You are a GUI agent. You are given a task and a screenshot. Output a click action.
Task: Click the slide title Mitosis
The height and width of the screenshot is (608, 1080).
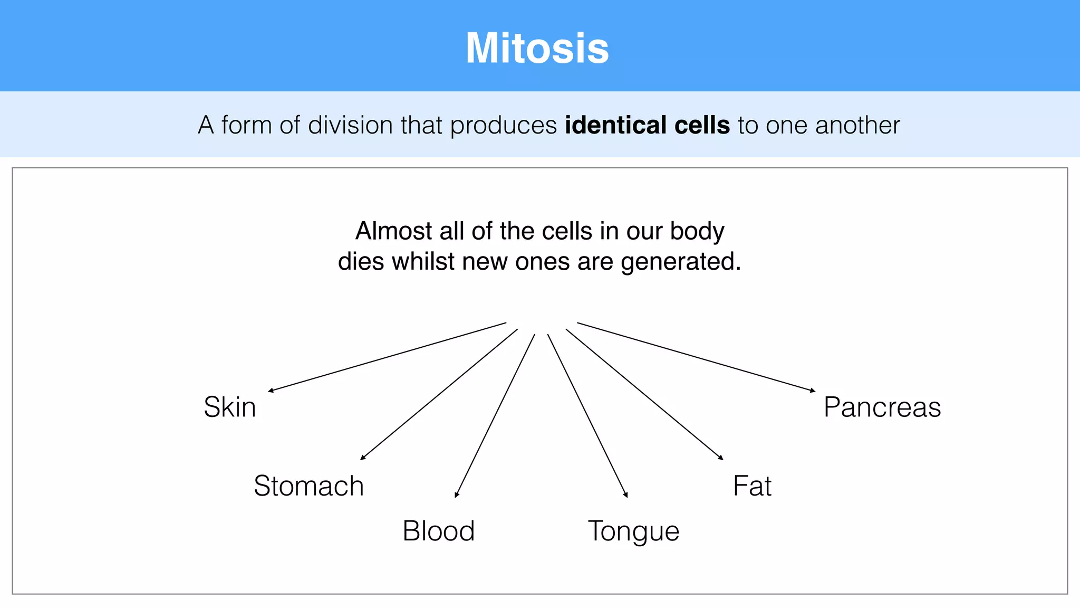[x=537, y=48]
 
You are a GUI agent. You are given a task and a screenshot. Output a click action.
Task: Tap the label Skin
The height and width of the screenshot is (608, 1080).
[x=230, y=407]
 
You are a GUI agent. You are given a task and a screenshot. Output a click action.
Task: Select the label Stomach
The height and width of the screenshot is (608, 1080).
[x=308, y=486]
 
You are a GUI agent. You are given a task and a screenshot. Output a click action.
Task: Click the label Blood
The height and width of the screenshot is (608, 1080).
[x=438, y=531]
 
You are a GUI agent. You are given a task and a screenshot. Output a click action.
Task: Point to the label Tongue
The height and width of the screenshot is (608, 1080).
[x=633, y=531]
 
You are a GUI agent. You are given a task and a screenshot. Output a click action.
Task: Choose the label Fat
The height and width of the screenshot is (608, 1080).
[x=752, y=486]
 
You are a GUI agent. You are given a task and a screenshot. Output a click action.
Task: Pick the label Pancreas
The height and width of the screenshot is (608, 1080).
[x=882, y=407]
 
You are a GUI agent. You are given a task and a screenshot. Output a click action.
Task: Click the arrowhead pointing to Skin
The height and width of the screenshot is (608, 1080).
[x=271, y=391]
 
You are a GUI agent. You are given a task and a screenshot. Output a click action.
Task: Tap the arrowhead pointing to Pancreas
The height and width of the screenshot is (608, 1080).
[x=813, y=391]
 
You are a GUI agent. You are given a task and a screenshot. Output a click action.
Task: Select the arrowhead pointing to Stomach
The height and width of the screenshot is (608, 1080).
[x=363, y=458]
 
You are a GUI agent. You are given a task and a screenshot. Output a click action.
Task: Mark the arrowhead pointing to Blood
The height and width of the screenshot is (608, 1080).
[x=457, y=495]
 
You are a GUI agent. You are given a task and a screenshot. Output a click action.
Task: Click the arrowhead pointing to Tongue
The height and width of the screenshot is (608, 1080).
[x=626, y=495]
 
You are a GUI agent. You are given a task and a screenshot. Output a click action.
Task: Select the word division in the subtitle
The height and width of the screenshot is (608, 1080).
[x=350, y=126]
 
